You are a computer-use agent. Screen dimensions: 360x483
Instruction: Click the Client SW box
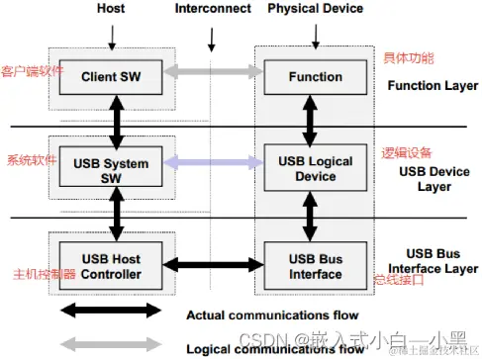point(112,75)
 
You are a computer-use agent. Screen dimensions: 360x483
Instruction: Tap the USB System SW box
point(112,169)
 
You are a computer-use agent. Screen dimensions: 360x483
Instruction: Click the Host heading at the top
point(112,9)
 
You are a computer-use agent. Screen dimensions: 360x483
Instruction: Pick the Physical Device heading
point(316,9)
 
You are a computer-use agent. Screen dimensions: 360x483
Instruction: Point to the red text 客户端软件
point(32,72)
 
